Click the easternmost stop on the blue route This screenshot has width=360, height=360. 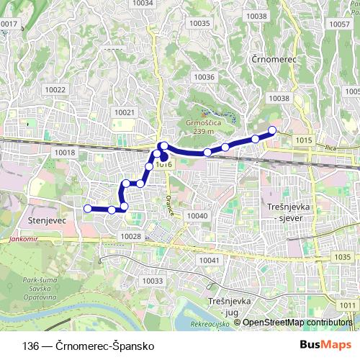pos(273,130)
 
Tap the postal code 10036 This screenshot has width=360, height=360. pos(204,77)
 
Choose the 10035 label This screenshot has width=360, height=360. pos(199,23)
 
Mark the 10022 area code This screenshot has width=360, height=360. pos(55,90)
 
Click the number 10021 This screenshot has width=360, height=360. pos(125,112)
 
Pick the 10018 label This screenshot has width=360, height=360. pos(64,153)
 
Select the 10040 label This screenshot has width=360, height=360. pos(197,216)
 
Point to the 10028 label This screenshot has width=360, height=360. pos(130,236)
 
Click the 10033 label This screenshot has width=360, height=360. pos(153,281)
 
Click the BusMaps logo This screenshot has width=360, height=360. pos(326,345)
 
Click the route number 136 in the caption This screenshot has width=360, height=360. pos(30,346)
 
